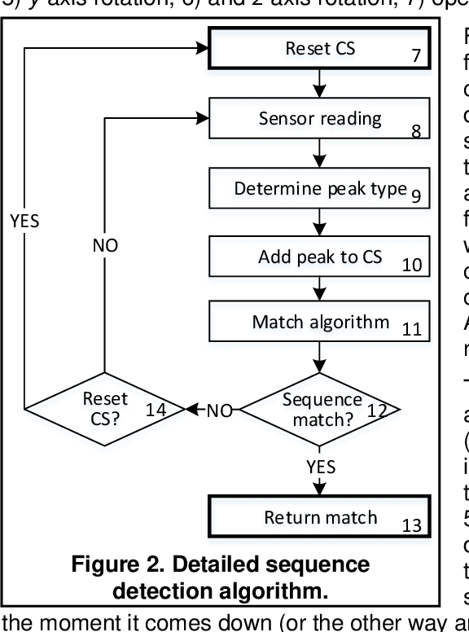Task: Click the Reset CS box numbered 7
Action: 319,50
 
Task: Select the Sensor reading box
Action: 319,119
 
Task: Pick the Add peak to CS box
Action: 319,257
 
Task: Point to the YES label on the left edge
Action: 24,222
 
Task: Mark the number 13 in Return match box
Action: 412,526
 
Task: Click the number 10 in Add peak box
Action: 413,264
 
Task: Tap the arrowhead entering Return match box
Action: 320,490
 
